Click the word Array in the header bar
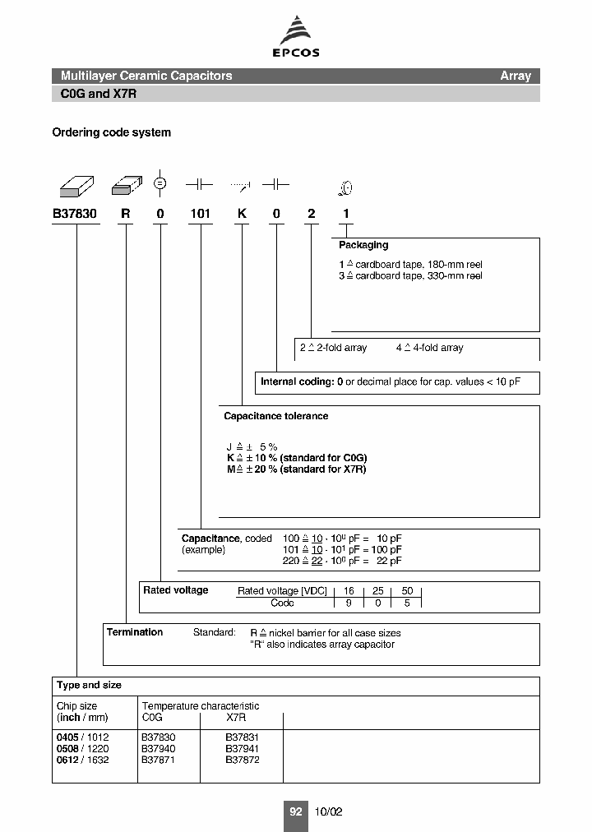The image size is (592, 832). pos(516,76)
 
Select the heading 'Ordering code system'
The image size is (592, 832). pos(112,132)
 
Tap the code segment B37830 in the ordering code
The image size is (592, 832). pos(75,214)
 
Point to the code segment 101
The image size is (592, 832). pos(201,214)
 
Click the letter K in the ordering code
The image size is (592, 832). pos(242,214)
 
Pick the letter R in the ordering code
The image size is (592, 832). pos(126,214)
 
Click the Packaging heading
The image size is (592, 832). pos(363,245)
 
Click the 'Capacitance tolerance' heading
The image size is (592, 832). pos(276,416)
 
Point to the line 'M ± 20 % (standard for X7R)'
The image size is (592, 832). pos(296,469)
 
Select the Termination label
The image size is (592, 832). pos(135,632)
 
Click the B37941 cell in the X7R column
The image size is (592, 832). pos(243,749)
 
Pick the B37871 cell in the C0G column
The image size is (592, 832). pos(159,760)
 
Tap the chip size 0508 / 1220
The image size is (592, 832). pos(82,749)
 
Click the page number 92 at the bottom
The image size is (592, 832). pos(295,811)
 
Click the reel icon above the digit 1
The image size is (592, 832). pos(346,189)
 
